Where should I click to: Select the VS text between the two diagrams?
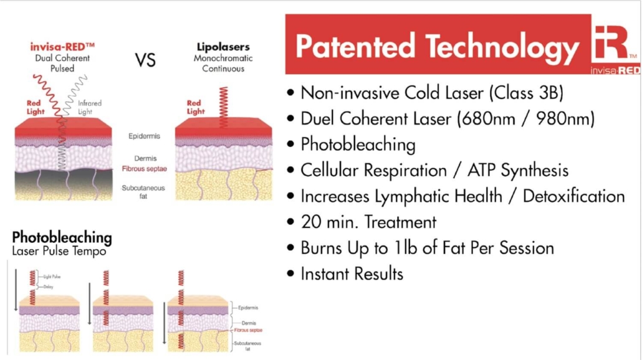coord(145,60)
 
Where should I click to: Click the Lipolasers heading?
coord(223,47)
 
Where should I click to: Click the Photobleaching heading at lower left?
coord(62,237)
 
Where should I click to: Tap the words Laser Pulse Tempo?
coord(59,251)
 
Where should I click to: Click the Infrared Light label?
coord(89,107)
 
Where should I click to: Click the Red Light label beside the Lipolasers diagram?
coord(194,107)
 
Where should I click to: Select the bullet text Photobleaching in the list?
coord(358,144)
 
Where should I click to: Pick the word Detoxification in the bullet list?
coord(573,196)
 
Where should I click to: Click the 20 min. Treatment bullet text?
coord(368,222)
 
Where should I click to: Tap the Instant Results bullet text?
coord(352,273)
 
